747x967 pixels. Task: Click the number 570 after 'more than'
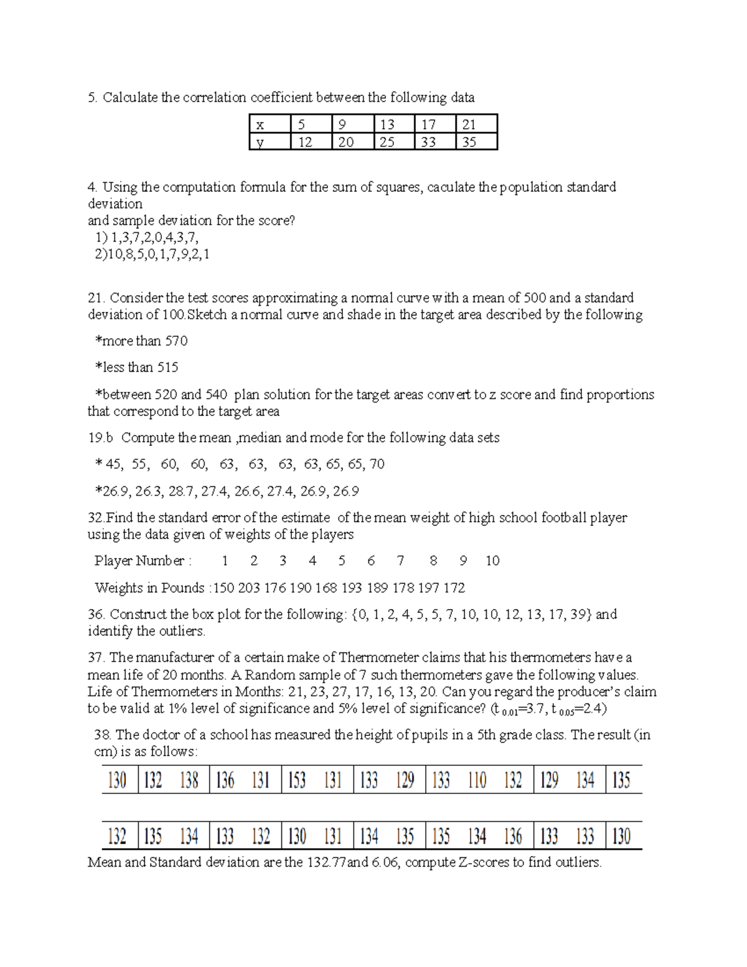pos(176,341)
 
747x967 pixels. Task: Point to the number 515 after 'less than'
pos(167,367)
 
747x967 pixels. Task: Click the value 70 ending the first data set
pos(377,464)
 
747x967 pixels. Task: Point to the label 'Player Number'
pos(139,561)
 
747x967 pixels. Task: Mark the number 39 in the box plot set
pos(578,615)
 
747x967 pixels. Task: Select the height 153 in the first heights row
pos(297,780)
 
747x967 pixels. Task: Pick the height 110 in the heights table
pos(477,780)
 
